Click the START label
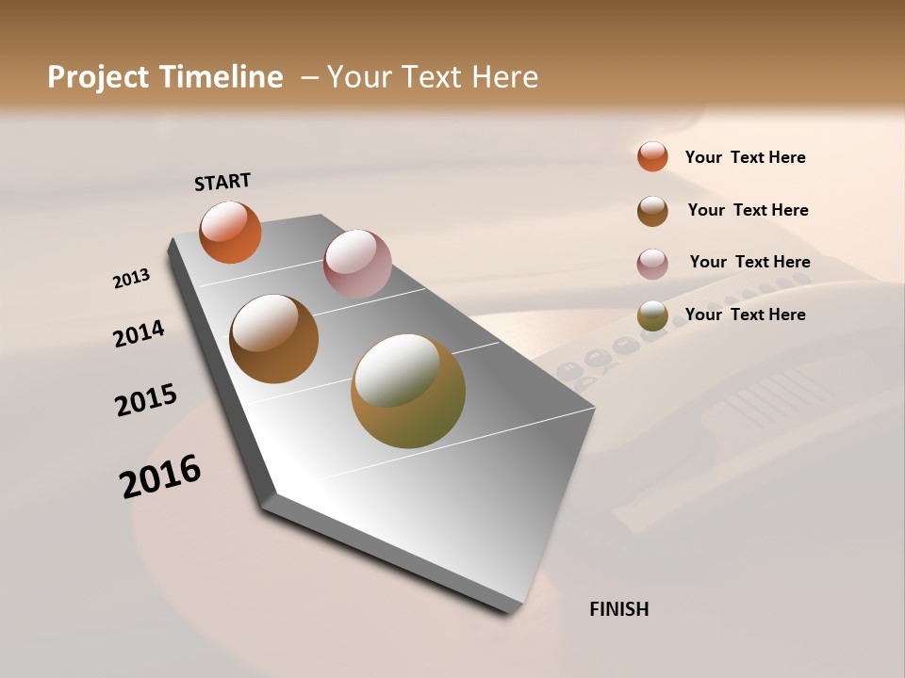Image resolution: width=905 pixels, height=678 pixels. tap(222, 182)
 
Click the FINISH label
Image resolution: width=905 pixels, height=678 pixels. tap(618, 609)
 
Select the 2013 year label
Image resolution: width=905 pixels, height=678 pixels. tap(131, 279)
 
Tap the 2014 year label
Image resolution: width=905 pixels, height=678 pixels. tap(139, 334)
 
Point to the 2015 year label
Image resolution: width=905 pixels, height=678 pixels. tap(146, 400)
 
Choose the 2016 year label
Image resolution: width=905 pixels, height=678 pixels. tap(160, 476)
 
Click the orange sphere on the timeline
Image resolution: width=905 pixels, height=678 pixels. tap(230, 233)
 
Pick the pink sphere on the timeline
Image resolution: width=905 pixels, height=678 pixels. tap(357, 264)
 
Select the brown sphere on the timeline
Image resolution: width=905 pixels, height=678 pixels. tap(273, 339)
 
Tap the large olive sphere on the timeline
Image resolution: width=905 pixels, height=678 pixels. tap(408, 391)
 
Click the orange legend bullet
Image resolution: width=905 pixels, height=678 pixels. tap(652, 156)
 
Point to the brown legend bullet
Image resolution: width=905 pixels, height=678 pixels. tap(652, 211)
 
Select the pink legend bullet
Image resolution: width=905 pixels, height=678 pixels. tap(652, 264)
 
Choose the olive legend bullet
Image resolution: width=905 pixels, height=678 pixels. tap(652, 316)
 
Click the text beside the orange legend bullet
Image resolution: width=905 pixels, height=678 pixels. tap(745, 157)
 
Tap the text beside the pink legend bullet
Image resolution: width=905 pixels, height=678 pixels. tap(749, 262)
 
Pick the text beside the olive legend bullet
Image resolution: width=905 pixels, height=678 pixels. tap(745, 315)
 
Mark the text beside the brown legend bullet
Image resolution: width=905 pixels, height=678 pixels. tap(748, 210)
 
